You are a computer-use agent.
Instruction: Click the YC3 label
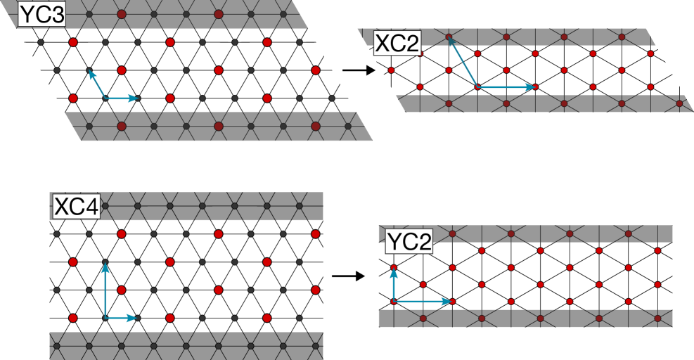tap(41, 15)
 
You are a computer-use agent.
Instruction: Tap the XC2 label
tap(397, 44)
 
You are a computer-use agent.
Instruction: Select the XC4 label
tap(77, 207)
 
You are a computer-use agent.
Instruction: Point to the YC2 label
tap(409, 241)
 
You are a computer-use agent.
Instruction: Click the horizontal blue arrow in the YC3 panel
tap(122, 98)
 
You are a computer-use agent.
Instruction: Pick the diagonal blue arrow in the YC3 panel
tap(97, 84)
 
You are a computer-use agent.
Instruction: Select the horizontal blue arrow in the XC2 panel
tap(506, 87)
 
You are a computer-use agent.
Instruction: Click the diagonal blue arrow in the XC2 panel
tap(463, 62)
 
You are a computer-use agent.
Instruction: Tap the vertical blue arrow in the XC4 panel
tap(105, 290)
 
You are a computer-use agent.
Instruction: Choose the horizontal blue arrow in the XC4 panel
tap(121, 318)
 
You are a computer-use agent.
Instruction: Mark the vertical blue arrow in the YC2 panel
tap(394, 284)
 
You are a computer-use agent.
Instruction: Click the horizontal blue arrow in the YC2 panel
tap(422, 302)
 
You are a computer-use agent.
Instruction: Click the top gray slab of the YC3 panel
tap(176, 14)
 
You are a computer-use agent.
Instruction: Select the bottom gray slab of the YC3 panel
tap(218, 127)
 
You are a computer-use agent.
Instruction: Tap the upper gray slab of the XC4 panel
tap(211, 206)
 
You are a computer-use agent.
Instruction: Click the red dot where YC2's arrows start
tap(394, 302)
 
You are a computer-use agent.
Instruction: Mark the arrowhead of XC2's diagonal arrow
tap(451, 39)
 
